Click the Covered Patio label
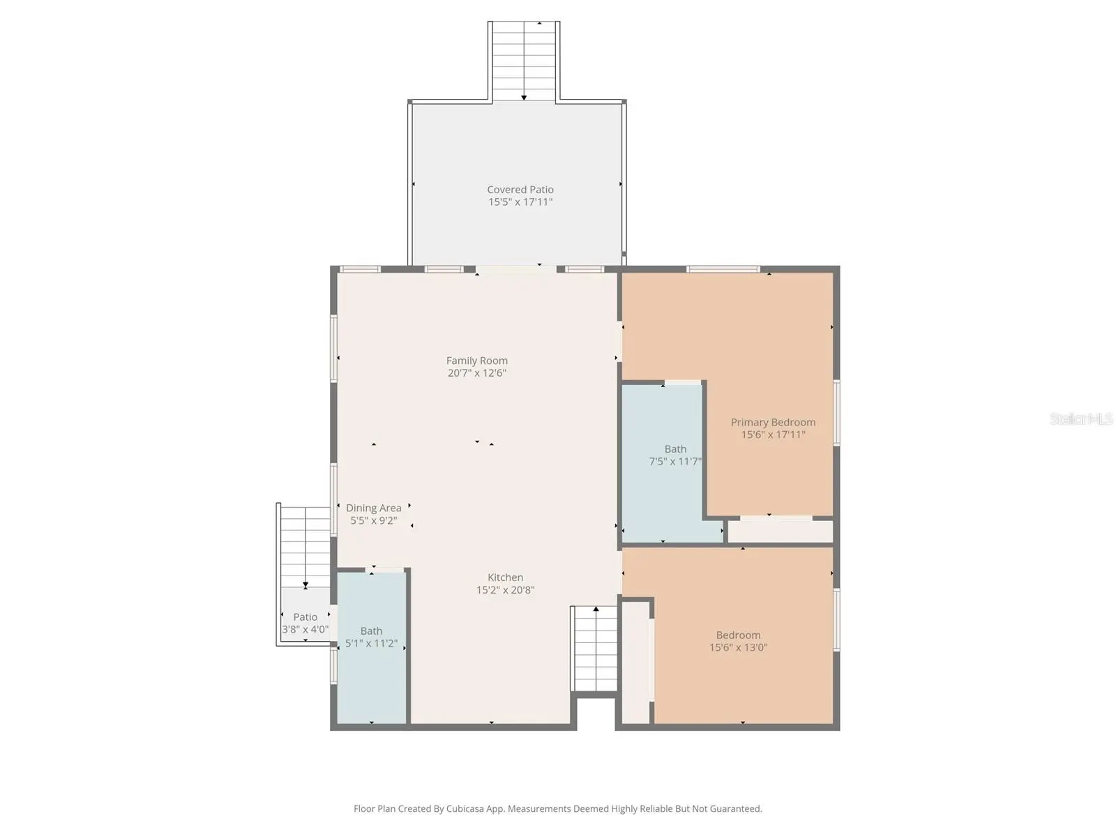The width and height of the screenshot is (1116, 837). pos(520,190)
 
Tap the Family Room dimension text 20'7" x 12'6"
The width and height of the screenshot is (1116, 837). pos(477,373)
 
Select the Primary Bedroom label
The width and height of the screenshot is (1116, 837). pos(773,422)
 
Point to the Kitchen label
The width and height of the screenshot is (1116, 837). pos(506,578)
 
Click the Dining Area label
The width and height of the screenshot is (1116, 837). pos(374,508)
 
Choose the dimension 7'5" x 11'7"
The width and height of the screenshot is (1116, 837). pos(675,462)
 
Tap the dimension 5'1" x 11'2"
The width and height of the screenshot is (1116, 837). pos(371,643)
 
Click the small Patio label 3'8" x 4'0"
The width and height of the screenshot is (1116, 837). pos(305,623)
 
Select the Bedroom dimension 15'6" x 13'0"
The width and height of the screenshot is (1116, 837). pos(738,647)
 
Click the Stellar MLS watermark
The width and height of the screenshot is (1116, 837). pos(1081,418)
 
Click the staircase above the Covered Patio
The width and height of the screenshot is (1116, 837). pos(524,61)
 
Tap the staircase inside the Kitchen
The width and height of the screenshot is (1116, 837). pos(594,649)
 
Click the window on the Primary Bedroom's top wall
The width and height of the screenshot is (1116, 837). pos(723,269)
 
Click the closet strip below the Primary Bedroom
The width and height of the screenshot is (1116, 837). pos(781,531)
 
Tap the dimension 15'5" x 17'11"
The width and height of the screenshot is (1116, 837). pos(520,202)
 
